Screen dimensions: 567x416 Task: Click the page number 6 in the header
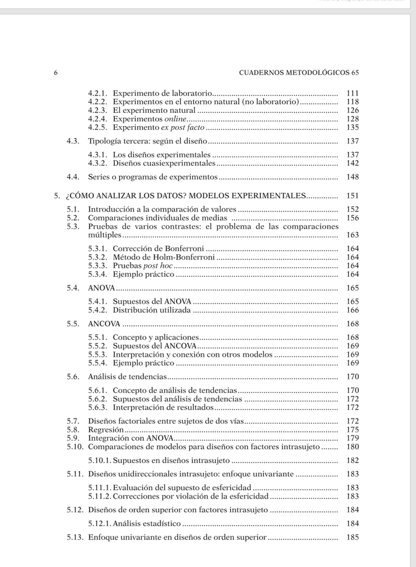[x=56, y=73]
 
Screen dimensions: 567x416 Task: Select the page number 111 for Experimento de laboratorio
[x=353, y=94]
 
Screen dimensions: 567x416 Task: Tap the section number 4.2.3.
[x=97, y=111]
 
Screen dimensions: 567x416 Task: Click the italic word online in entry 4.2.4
[x=176, y=119]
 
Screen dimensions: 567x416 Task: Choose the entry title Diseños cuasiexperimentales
[x=164, y=163]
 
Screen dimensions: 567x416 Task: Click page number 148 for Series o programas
[x=353, y=177]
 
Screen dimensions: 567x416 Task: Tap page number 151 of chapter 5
[x=353, y=196]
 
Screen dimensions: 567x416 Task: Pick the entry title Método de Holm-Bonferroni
[x=164, y=257]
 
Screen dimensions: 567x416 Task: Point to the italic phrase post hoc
[x=159, y=265]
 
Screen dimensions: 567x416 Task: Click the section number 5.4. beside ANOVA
[x=73, y=288]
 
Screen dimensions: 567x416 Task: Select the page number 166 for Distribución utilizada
[x=353, y=311]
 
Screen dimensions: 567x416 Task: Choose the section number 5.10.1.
[x=99, y=461]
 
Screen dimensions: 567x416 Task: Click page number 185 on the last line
[x=353, y=538]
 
